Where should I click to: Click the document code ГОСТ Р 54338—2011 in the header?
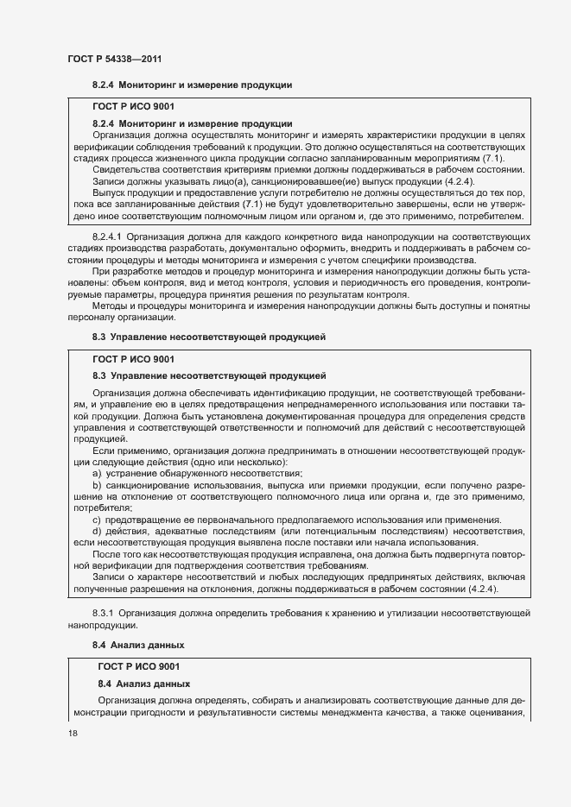(x=115, y=59)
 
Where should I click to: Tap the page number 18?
(x=73, y=733)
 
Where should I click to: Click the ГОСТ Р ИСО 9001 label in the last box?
(x=140, y=666)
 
